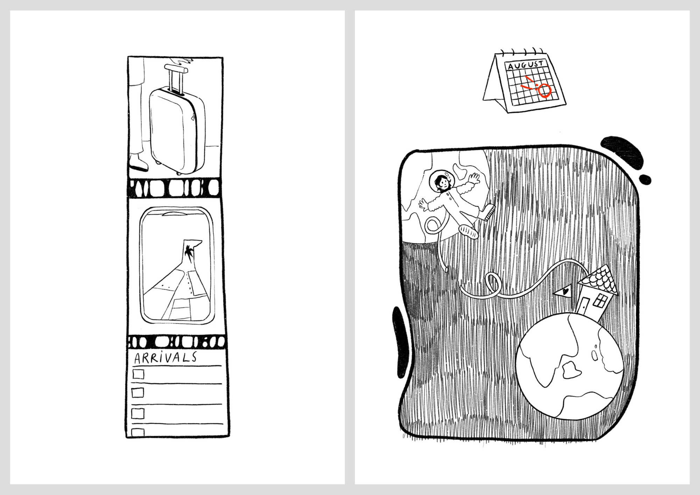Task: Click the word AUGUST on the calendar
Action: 525,65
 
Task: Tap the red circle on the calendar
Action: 545,90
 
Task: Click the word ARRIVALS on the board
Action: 166,357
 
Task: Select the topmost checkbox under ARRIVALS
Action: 138,374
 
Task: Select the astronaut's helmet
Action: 441,181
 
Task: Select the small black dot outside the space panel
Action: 645,180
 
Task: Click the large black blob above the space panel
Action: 622,152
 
